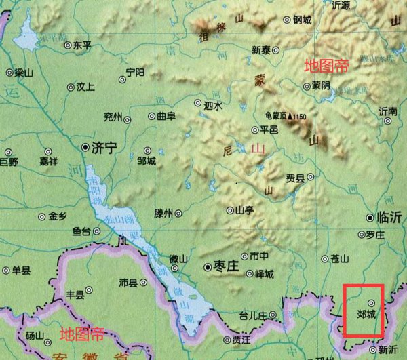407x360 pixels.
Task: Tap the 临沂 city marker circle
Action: (370, 218)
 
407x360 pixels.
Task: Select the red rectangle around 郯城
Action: (364, 311)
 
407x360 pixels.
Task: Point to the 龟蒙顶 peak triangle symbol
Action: (290, 117)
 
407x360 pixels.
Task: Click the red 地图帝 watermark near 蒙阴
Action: (326, 66)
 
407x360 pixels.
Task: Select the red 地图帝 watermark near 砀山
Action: (82, 334)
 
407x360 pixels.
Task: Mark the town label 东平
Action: (81, 45)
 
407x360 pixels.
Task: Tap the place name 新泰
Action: (261, 49)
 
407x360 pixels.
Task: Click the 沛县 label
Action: (128, 281)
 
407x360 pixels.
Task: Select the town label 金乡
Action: (58, 217)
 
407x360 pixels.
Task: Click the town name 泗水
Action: (213, 105)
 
